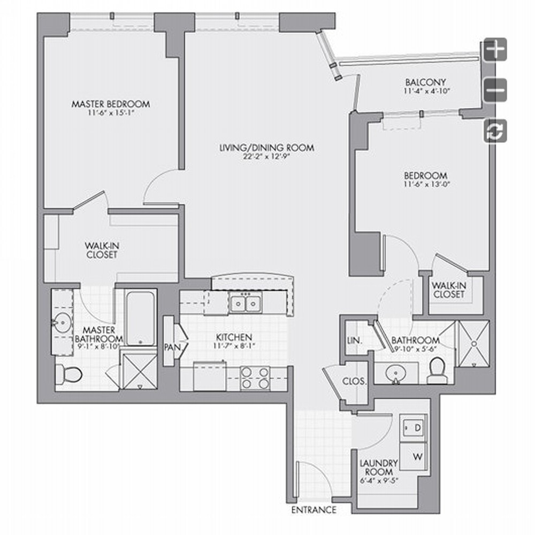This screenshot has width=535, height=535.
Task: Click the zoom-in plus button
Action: (x=495, y=50)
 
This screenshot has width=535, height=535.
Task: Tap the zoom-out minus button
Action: (x=495, y=90)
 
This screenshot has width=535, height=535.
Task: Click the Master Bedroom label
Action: (x=111, y=104)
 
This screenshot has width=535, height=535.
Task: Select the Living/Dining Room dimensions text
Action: (x=266, y=157)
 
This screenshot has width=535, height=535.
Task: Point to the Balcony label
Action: (x=425, y=82)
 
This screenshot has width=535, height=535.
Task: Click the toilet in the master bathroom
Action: (x=68, y=374)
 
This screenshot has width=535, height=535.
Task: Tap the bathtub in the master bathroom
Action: (x=140, y=318)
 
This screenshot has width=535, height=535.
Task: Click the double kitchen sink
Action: (x=246, y=303)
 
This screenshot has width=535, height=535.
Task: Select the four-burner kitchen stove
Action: (x=255, y=378)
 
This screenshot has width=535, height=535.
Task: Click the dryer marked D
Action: (x=413, y=427)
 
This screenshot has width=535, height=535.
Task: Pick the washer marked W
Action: (x=413, y=456)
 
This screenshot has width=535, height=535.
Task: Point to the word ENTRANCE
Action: (x=314, y=510)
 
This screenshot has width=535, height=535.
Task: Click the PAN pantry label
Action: (x=173, y=347)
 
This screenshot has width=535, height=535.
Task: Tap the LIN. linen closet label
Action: (x=355, y=340)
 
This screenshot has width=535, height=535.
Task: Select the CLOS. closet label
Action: (x=354, y=381)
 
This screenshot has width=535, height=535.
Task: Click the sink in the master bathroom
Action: (x=62, y=322)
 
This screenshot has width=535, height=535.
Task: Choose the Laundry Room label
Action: (x=379, y=468)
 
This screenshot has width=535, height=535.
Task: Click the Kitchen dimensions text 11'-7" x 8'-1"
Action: (x=234, y=346)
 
